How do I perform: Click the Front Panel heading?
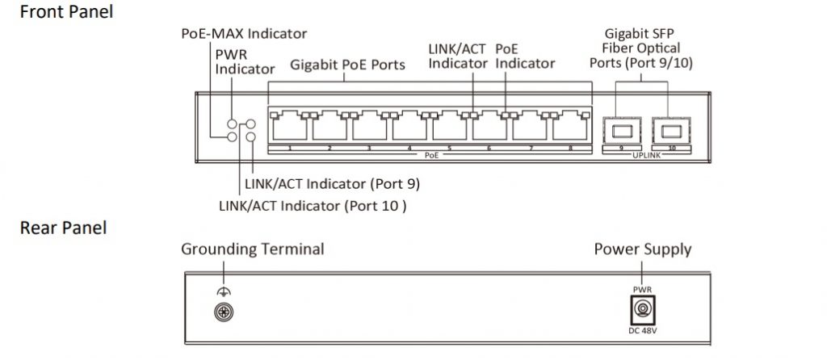tap(66, 12)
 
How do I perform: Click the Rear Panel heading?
tap(63, 228)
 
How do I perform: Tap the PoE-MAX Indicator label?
tap(244, 33)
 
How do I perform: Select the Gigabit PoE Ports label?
tap(347, 65)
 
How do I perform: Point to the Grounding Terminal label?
tap(252, 249)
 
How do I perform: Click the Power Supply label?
tap(643, 249)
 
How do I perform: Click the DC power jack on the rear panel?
tap(643, 310)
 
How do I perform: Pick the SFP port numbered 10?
tap(669, 128)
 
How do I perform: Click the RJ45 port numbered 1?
tap(288, 128)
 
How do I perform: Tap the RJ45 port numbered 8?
tap(569, 128)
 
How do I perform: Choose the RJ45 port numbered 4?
tap(409, 128)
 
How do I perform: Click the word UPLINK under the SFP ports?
tap(644, 155)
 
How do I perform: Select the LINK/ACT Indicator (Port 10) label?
tap(312, 205)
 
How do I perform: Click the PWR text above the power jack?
tap(643, 289)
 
